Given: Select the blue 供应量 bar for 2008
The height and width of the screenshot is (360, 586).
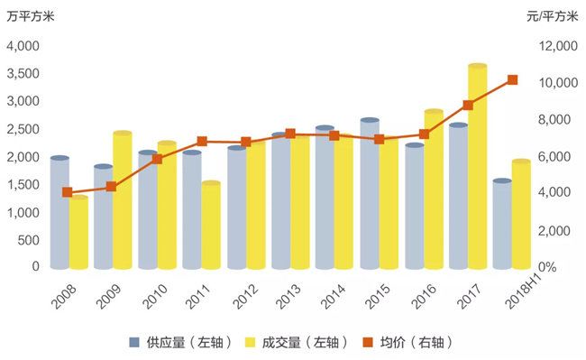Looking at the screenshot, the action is tap(60, 212).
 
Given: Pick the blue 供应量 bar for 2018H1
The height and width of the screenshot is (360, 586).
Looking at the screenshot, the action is tap(502, 224).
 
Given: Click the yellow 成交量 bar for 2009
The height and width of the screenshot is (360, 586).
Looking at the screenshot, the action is tap(123, 200).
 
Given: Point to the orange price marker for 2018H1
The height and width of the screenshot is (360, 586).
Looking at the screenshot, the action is tap(512, 79).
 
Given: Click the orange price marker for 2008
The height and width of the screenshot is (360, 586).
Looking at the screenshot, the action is tap(68, 192).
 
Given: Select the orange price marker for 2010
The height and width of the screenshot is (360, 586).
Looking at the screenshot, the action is tap(157, 160).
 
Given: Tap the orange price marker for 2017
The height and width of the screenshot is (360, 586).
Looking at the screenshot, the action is tap(468, 105).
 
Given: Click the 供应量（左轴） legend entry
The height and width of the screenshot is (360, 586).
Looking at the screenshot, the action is tap(181, 342).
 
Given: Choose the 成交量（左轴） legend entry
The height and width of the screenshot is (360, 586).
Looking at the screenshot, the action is tap(297, 342).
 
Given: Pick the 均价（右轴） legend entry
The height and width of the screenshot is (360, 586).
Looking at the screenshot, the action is tap(407, 342).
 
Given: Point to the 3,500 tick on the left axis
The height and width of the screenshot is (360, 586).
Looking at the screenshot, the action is tap(23, 74).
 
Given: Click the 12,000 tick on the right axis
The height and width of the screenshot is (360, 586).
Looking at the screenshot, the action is tap(558, 46).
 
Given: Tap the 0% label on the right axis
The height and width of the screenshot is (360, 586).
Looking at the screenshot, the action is tap(547, 267).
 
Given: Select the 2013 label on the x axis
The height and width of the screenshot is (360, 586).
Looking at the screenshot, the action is tap(288, 297).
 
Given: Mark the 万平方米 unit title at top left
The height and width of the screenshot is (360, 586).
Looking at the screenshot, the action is tap(31, 16).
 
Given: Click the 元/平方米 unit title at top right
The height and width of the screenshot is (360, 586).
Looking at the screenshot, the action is tap(553, 16).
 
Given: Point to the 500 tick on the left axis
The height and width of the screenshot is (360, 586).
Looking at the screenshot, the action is tap(29, 240).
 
